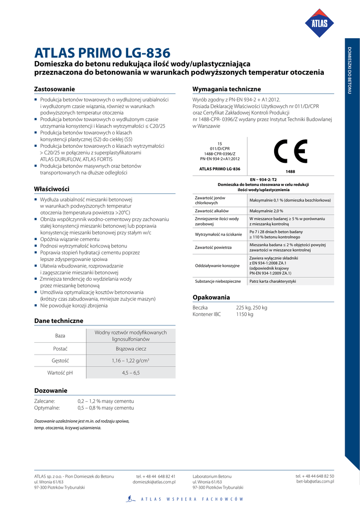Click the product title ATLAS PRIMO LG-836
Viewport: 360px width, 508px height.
click(x=102, y=53)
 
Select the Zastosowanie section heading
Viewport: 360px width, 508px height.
click(x=55, y=89)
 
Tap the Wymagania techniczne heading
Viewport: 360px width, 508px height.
click(x=226, y=89)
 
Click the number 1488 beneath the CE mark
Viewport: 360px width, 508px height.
click(x=290, y=172)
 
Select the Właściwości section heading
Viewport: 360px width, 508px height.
click(x=52, y=189)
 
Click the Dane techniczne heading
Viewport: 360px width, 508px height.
click(x=59, y=321)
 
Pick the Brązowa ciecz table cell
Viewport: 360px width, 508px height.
click(x=131, y=349)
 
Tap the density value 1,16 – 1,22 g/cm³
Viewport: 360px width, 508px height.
click(x=131, y=361)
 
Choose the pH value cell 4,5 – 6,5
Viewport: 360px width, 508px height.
click(x=131, y=373)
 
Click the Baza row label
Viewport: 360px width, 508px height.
click(x=60, y=336)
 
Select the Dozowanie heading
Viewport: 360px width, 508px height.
click(x=51, y=390)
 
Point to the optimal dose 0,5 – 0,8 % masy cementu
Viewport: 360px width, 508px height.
click(x=106, y=408)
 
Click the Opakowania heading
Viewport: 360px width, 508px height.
click(x=211, y=298)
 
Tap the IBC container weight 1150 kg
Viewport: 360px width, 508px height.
click(x=244, y=315)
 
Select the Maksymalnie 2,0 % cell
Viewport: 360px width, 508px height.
click(x=266, y=211)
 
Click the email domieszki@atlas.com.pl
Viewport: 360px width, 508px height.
click(x=154, y=482)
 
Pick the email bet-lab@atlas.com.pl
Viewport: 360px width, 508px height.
click(x=315, y=481)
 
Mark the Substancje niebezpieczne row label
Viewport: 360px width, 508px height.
click(x=218, y=281)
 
